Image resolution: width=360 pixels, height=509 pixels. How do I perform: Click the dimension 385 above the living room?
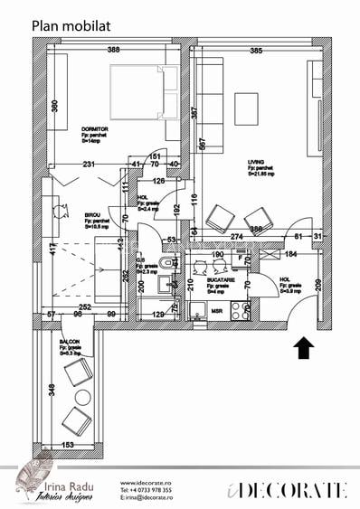(x=256, y=51)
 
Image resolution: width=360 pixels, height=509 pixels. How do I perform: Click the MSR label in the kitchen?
(x=217, y=311)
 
